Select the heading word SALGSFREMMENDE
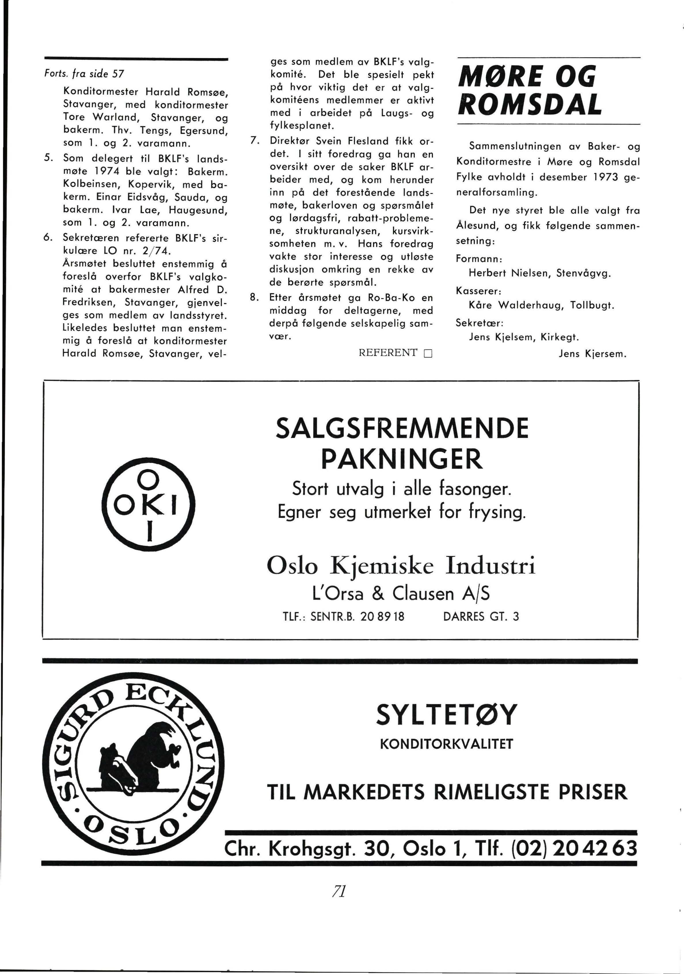(x=402, y=429)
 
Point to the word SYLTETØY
(x=447, y=715)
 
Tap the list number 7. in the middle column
(x=254, y=140)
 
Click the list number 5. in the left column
(x=48, y=158)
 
